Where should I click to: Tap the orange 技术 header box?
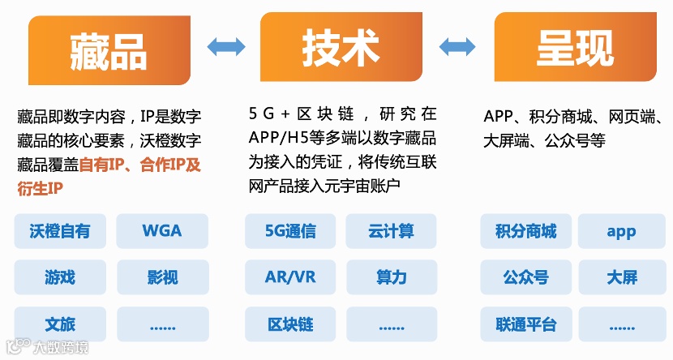[x=341, y=48]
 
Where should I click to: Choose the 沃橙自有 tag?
[x=59, y=231]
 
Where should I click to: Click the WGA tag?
[x=161, y=231]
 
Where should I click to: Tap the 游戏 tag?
[x=59, y=277]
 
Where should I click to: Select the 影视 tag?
[x=161, y=277]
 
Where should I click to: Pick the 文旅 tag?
[x=59, y=324]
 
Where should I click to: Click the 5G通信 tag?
[x=290, y=231]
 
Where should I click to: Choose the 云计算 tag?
[x=391, y=231]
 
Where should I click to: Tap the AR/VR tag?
[x=290, y=277]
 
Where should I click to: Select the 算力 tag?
[x=391, y=277]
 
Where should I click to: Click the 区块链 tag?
[x=290, y=324]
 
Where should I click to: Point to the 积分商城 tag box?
[x=525, y=231]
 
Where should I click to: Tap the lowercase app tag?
[x=621, y=231]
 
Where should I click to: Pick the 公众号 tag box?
[x=525, y=277]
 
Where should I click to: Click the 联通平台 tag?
[x=525, y=324]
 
